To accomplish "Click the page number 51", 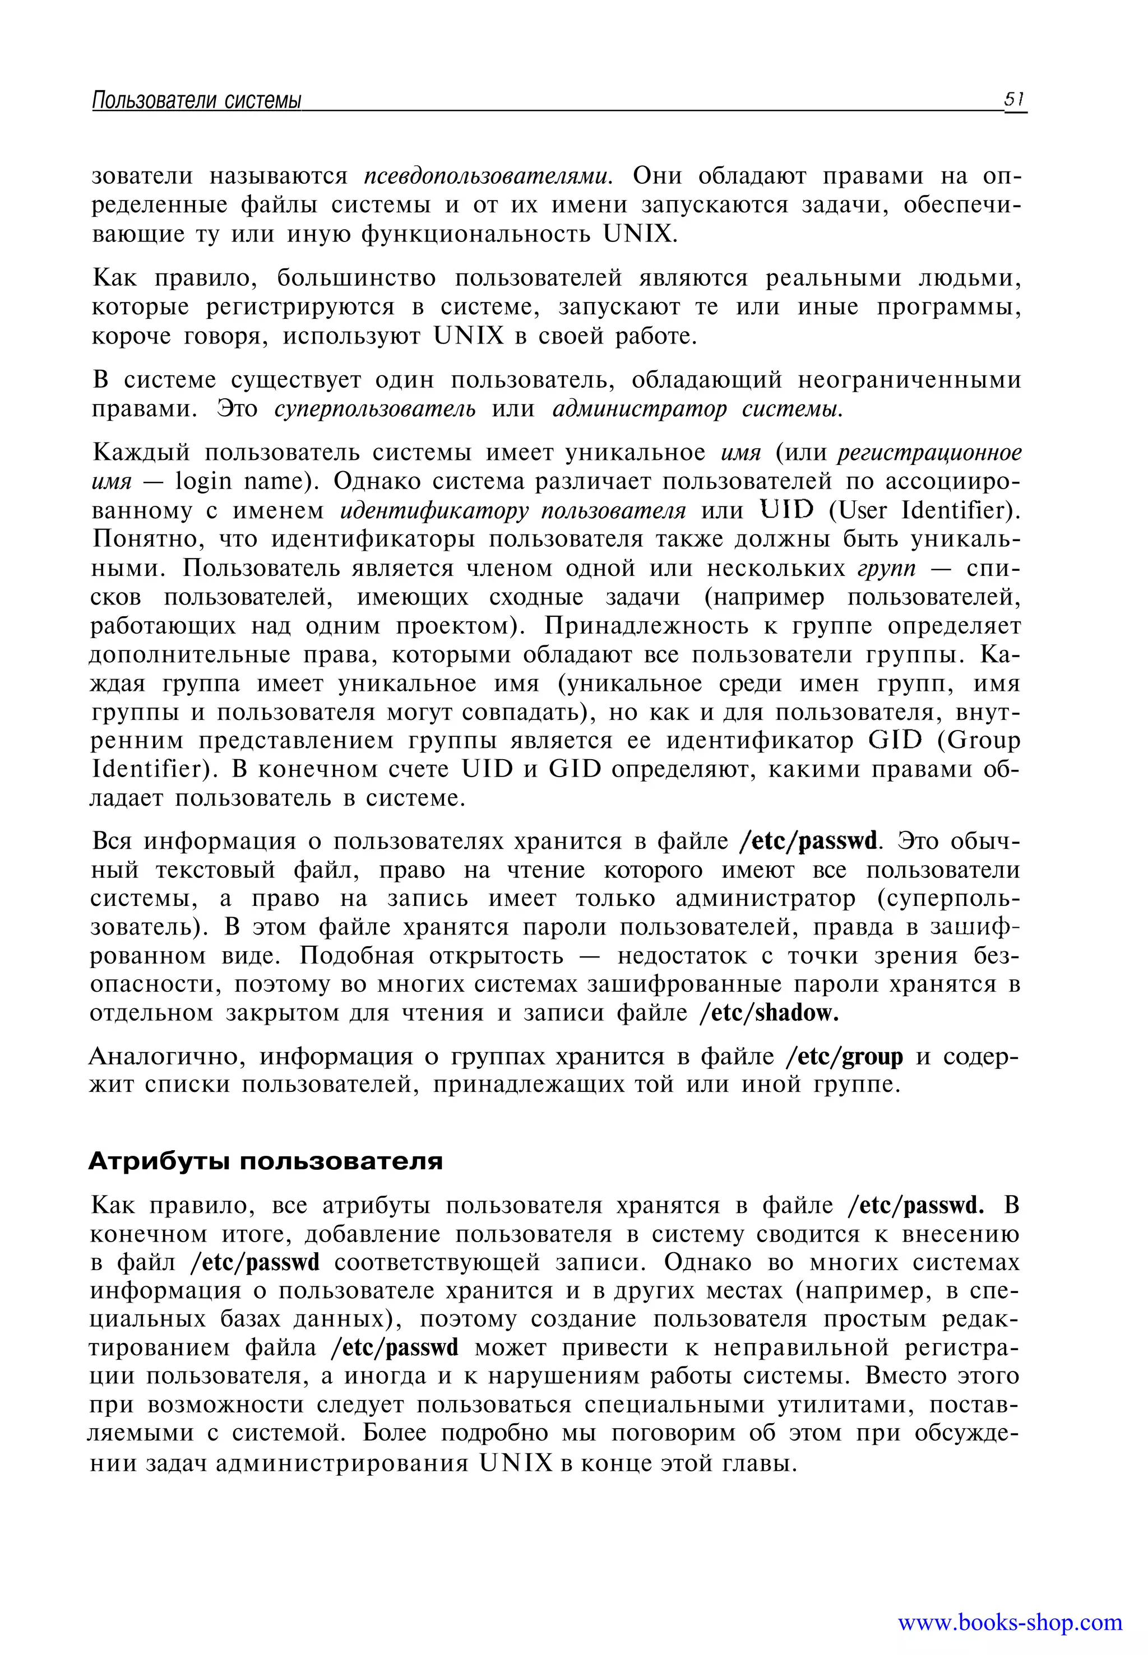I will click(x=1014, y=99).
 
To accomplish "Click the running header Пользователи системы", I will click(x=196, y=101).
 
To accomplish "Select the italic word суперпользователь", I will click(x=375, y=409).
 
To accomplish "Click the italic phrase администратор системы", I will click(x=697, y=409).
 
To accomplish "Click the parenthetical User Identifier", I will click(x=925, y=510).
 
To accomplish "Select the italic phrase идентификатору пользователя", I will click(x=513, y=510).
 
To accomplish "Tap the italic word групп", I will click(x=887, y=568).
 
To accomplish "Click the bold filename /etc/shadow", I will click(x=769, y=1013).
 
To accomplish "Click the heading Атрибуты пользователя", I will click(x=266, y=1161).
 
